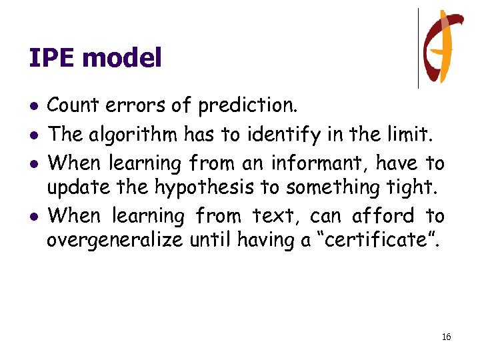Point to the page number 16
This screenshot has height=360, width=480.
[446, 337]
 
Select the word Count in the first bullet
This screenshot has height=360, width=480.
[70, 105]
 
